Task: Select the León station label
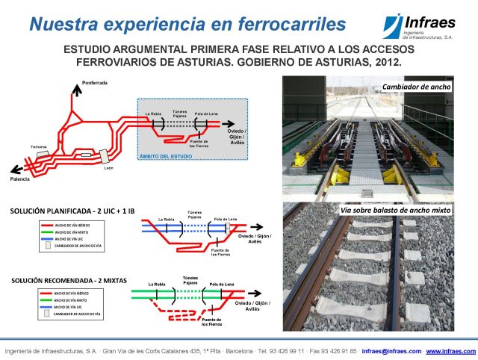[108, 168]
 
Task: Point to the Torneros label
[40, 146]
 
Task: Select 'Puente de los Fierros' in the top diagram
[198, 143]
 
